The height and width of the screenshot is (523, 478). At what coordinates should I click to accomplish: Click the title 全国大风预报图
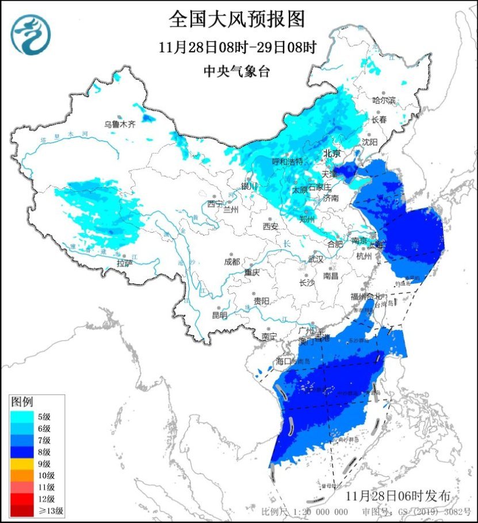tap(236, 20)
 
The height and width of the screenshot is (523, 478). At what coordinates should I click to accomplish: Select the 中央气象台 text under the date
tap(236, 71)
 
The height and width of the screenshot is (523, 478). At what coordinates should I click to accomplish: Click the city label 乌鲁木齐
tap(120, 124)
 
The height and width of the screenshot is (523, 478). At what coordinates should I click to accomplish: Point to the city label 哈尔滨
tap(384, 100)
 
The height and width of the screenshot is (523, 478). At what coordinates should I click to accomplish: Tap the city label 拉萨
tap(124, 263)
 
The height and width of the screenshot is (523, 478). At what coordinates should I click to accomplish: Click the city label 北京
tap(332, 153)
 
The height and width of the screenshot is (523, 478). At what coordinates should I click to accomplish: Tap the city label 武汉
tap(316, 259)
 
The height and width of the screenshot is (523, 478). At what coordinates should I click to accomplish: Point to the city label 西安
tap(270, 226)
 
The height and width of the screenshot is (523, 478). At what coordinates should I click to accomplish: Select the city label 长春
tap(378, 120)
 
